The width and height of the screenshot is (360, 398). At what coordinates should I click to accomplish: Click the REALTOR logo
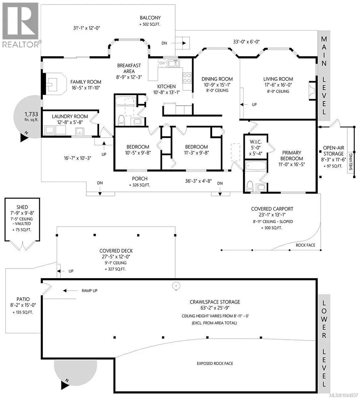point(20,25)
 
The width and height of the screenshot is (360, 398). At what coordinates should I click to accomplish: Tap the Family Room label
point(86,82)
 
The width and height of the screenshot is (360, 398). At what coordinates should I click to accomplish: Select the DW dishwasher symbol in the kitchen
point(162,63)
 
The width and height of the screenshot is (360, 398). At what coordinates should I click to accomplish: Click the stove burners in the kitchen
point(187,78)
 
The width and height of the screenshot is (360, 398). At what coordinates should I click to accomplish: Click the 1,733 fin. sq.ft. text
point(32,117)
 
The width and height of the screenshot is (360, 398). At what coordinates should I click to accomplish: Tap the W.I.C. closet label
point(255,142)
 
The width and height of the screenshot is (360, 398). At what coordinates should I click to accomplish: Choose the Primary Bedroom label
point(292,156)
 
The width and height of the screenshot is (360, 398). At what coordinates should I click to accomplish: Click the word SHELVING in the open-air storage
point(351,162)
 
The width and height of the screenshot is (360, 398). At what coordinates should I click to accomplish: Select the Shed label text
point(22,207)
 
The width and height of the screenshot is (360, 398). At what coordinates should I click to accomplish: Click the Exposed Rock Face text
point(215,364)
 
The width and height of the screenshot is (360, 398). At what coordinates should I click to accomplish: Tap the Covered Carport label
point(272,209)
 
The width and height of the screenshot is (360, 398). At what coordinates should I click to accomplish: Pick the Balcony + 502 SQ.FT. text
point(150,21)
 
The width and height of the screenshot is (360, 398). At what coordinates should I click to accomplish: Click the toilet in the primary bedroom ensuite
point(250,186)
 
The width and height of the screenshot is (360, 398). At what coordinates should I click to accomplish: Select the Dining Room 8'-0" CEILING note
point(217,90)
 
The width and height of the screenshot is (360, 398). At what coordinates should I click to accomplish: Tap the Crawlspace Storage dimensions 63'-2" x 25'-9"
point(215,308)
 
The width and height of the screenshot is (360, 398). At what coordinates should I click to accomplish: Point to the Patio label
point(23,299)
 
